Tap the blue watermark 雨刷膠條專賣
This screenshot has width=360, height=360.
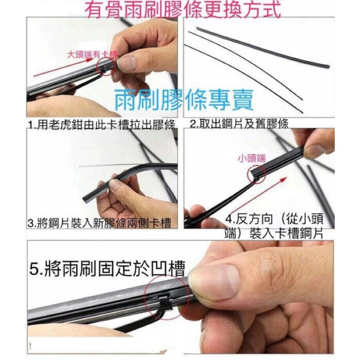(184, 100)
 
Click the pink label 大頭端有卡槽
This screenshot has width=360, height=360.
(92, 55)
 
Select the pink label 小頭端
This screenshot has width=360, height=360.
(252, 158)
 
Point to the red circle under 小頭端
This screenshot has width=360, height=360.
(250, 175)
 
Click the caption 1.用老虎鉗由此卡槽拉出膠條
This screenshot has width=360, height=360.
(102, 126)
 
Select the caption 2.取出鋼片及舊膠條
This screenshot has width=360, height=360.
(239, 124)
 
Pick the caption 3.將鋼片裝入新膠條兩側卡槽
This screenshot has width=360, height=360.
(99, 223)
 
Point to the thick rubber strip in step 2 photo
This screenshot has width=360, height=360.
(263, 47)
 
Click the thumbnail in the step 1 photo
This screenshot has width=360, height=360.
(126, 63)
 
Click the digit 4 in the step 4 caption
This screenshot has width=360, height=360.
(229, 219)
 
